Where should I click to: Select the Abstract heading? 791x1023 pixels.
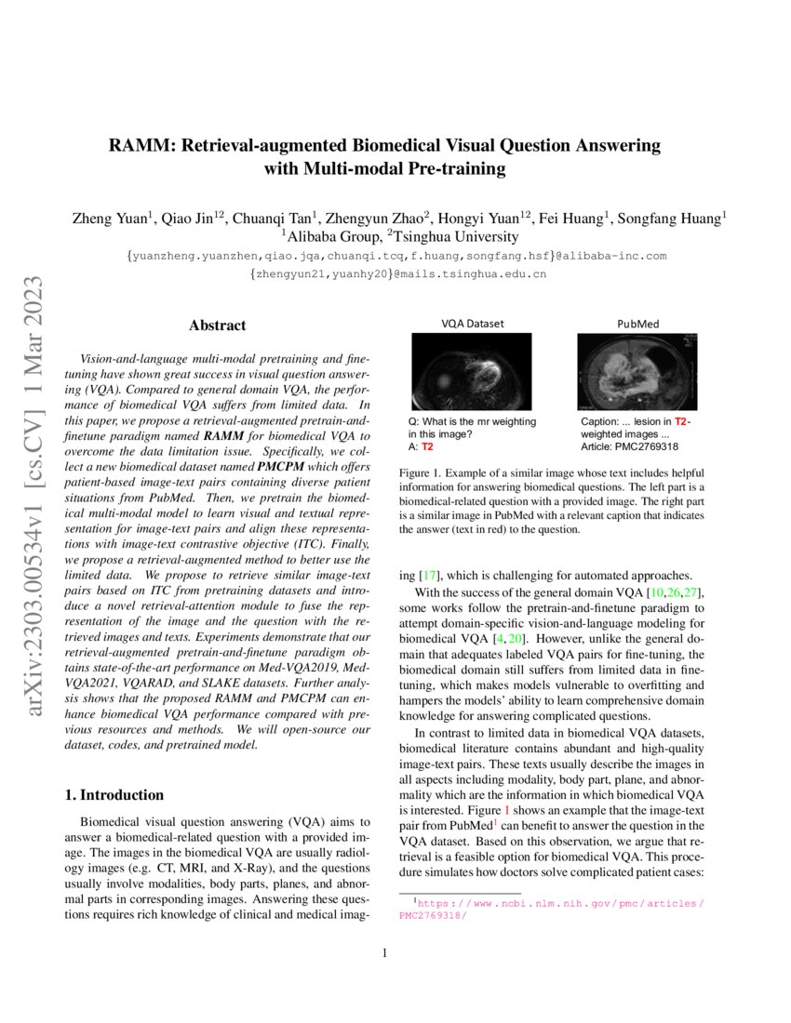pos(217,325)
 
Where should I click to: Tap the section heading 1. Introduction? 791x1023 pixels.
pos(113,795)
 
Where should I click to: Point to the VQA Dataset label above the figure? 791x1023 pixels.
pos(472,324)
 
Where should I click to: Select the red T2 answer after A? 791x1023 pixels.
pos(428,447)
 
